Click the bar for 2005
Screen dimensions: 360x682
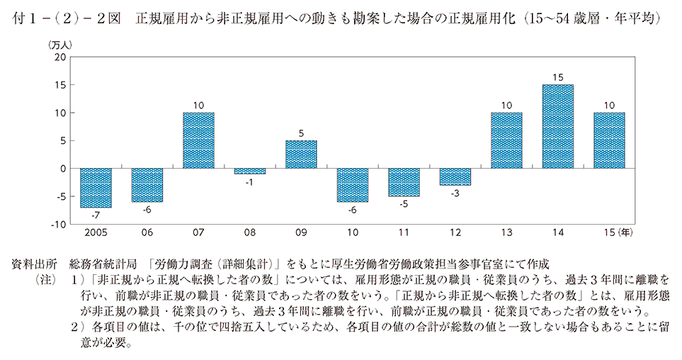(96, 188)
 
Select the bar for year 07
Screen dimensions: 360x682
(198, 140)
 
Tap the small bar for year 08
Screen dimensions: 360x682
(250, 171)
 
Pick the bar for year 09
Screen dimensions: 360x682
(301, 154)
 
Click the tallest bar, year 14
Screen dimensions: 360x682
(558, 126)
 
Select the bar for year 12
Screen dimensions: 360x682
(455, 176)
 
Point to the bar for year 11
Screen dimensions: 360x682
(404, 182)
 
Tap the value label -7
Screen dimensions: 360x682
(96, 214)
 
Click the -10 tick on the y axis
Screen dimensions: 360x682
(59, 224)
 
